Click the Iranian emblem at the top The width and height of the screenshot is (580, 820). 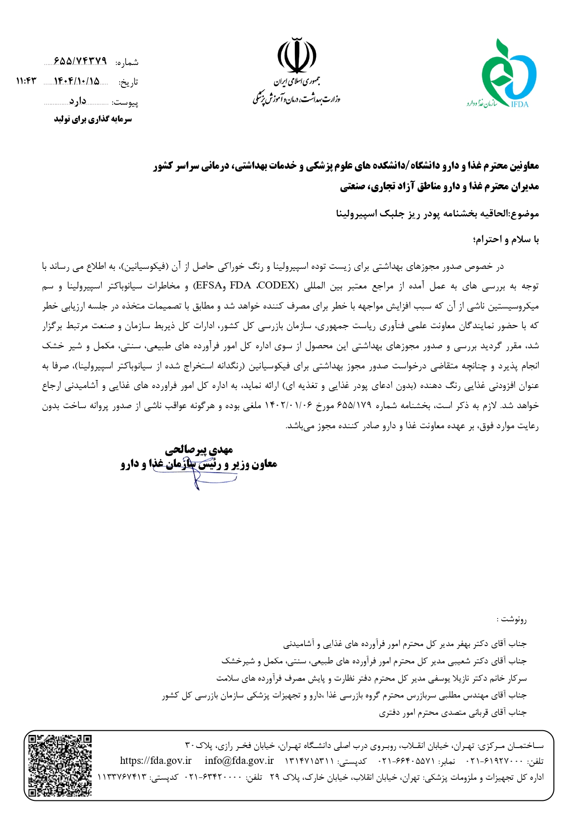[297, 55]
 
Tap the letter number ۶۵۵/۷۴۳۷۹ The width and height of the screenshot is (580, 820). [80, 61]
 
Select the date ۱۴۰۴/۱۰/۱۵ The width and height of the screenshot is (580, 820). [77, 81]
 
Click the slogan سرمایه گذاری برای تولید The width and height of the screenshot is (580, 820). [93, 119]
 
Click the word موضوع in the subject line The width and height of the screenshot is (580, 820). [524, 214]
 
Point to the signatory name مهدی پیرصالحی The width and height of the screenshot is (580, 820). [199, 450]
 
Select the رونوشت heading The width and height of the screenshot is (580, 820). [514, 620]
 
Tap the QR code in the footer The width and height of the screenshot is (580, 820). [60, 765]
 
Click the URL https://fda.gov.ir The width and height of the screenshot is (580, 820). [156, 761]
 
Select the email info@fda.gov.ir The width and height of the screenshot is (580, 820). [239, 761]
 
